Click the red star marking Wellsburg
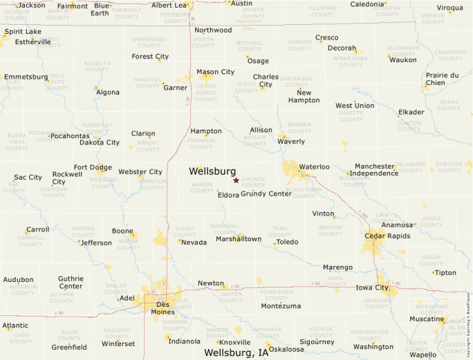[236, 180]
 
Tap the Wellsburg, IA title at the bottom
[236, 353]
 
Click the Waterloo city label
[314, 167]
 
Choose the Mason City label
[215, 72]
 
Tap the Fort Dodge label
[93, 167]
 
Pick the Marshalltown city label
[239, 239]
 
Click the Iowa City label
[371, 287]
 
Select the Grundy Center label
[266, 194]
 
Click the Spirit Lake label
[23, 32]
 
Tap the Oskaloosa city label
[286, 350]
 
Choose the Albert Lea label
[169, 6]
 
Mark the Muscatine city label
[427, 319]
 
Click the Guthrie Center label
[71, 282]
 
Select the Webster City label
[140, 172]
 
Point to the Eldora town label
[228, 195]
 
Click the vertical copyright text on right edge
[468, 318]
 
